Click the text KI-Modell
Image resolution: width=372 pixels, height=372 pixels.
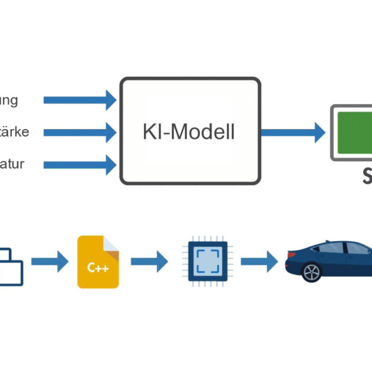tap(189, 131)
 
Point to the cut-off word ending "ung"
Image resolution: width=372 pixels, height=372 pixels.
tap(9, 100)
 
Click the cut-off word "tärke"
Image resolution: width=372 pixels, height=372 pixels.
tap(14, 132)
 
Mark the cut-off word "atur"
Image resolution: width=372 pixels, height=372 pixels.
tap(12, 164)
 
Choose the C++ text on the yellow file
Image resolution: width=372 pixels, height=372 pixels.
tap(97, 268)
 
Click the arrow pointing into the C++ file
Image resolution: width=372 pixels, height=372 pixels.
tap(50, 262)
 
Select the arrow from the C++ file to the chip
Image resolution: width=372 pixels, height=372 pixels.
tap(149, 262)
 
